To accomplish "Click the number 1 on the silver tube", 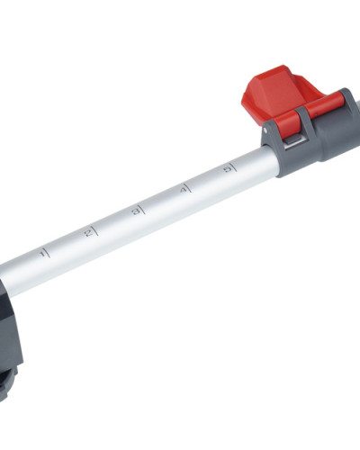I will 44,255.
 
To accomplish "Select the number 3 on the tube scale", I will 137,211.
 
